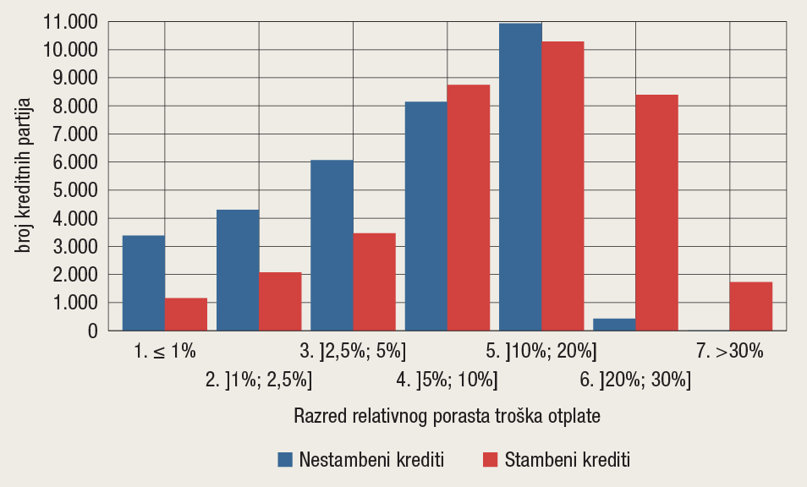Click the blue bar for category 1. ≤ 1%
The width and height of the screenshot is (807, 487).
pos(144,283)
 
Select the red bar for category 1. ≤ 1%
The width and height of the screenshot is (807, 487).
pos(186,315)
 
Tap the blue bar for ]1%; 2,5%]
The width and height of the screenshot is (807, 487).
pos(238,271)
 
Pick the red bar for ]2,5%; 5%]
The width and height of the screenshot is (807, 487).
pos(374,282)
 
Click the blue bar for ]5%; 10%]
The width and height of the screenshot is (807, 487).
pos(426,216)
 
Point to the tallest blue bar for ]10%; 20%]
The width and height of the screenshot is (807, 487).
pos(520,178)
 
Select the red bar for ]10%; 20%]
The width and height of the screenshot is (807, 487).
pos(563,186)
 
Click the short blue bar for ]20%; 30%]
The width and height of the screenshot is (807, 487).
pos(614,325)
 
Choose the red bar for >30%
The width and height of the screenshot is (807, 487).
pos(750,306)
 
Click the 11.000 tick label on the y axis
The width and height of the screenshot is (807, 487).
pos(72,22)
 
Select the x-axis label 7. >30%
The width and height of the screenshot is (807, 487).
pos(729,351)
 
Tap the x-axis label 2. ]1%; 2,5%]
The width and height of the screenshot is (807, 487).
pos(259,380)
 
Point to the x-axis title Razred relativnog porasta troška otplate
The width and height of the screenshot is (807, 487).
pos(447,416)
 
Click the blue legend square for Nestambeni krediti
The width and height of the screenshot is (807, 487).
pos(285,460)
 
